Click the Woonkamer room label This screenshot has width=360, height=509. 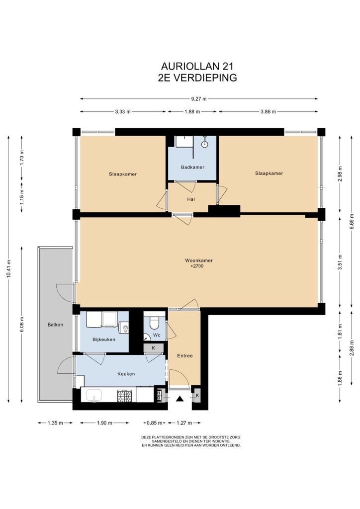click(199, 260)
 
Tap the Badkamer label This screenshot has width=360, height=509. click(192, 167)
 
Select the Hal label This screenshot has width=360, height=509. click(191, 199)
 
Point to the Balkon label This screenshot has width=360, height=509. click(55, 324)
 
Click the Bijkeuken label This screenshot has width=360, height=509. click(104, 339)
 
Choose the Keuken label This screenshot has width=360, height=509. click(126, 374)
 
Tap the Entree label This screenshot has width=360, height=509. click(184, 355)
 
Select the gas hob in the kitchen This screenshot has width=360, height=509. click(125, 395)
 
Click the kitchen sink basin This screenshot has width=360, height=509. click(94, 395)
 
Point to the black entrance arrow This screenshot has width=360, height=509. click(180, 399)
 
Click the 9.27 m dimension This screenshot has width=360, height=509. click(199, 99)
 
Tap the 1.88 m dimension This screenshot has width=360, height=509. click(192, 112)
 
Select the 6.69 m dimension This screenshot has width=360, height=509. click(352, 221)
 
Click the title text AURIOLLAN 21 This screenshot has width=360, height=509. click(197, 66)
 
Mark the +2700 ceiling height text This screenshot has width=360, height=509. click(197, 266)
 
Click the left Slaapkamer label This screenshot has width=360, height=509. click(123, 174)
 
